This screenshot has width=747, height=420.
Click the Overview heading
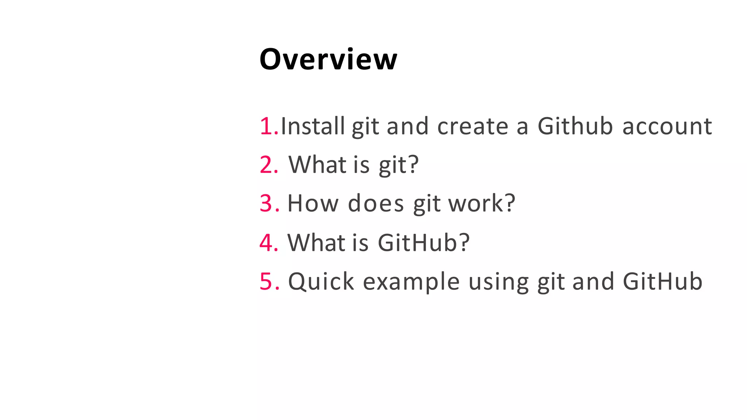(328, 59)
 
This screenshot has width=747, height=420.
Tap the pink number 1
(267, 127)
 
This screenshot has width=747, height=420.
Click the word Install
(313, 126)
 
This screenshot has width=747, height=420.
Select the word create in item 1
(473, 126)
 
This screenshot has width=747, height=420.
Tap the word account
(667, 126)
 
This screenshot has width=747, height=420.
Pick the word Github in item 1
(575, 126)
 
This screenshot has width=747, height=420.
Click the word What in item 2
(317, 165)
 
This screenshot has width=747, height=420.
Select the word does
(376, 203)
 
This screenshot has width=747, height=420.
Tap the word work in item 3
(476, 203)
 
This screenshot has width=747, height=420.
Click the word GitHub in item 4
(418, 242)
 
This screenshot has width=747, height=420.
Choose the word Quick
(321, 281)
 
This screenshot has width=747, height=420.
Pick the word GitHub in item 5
(662, 281)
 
